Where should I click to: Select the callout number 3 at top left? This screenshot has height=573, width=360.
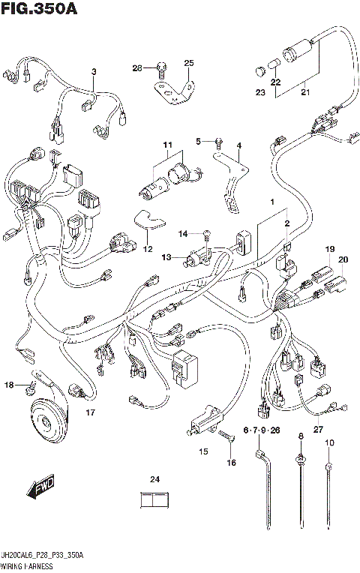pyautogui.click(x=94, y=72)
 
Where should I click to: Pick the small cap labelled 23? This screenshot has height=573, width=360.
pyautogui.click(x=259, y=71)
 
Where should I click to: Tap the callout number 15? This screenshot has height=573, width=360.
pyautogui.click(x=203, y=451)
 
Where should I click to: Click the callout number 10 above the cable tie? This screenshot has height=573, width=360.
pyautogui.click(x=328, y=443)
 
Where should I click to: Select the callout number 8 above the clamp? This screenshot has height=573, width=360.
pyautogui.click(x=300, y=436)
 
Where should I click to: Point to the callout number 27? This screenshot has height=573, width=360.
pyautogui.click(x=317, y=429)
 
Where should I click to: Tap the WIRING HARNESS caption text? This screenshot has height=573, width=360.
pyautogui.click(x=28, y=565)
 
